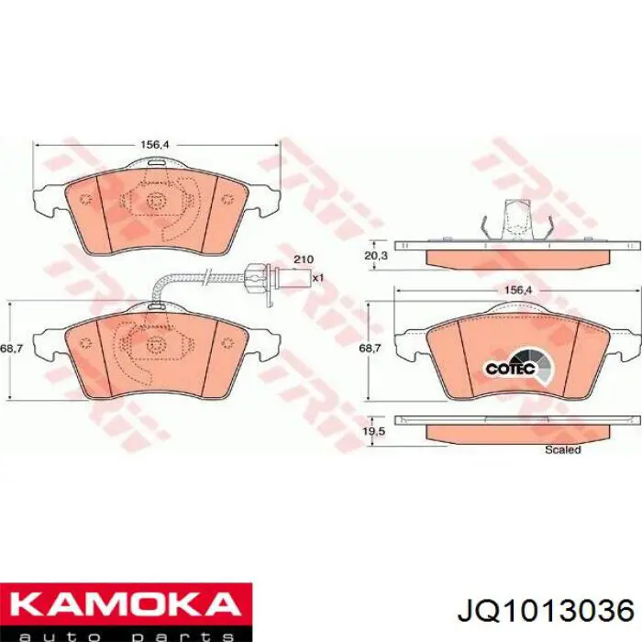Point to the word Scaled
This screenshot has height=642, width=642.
[x=562, y=450]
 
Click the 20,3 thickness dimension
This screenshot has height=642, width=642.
[x=376, y=257]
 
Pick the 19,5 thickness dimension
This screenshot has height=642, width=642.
[x=376, y=428]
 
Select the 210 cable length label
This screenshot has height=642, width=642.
[x=303, y=260]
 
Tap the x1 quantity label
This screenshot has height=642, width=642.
[x=318, y=276]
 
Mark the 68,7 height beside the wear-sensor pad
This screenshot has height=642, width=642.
[x=11, y=349]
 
